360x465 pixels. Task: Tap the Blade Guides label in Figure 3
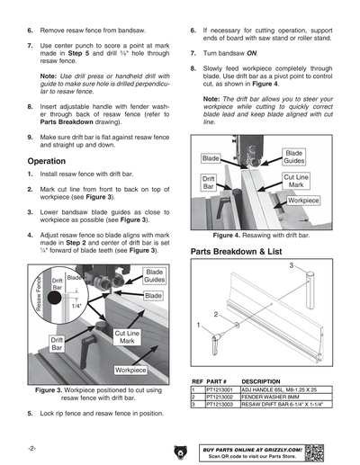click(154, 276)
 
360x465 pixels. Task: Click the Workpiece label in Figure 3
click(130, 370)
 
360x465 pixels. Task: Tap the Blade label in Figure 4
click(211, 158)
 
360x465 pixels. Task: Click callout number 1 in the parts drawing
click(197, 324)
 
